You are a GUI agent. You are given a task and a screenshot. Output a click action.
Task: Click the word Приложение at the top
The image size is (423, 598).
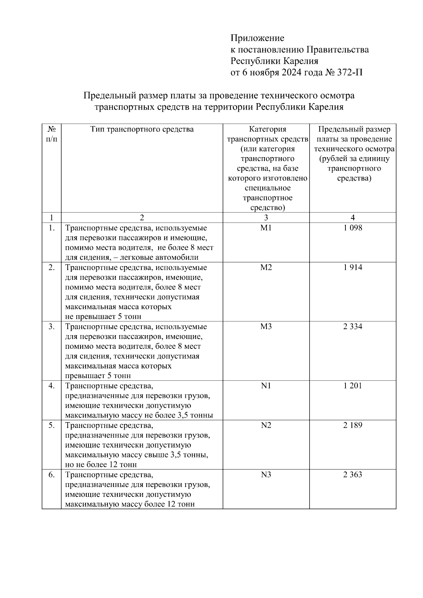[257, 38]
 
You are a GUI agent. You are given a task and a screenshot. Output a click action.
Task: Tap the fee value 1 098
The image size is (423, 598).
[353, 228]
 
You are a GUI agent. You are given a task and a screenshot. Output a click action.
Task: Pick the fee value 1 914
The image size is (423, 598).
[353, 267]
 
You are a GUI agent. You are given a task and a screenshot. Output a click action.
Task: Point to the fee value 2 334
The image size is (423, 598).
[353, 327]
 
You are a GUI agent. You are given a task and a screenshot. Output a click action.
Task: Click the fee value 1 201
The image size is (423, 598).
[353, 386]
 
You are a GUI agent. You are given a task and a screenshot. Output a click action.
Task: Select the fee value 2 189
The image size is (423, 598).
[353, 425]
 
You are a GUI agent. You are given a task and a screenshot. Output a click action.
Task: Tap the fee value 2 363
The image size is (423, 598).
[353, 475]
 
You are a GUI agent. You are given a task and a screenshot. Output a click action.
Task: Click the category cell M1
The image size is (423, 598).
[266, 228]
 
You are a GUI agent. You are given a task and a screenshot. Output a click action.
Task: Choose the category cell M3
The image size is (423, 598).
[266, 327]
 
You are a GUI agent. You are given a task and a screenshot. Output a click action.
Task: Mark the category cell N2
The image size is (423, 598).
[266, 425]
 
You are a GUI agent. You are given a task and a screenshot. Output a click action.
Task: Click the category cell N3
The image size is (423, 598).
[266, 475]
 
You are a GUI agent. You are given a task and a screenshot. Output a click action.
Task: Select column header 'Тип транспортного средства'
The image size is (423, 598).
[142, 129]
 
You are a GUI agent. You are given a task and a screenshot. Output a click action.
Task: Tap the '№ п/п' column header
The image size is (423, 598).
[51, 134]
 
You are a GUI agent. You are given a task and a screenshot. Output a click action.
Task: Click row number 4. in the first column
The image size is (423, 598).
[51, 386]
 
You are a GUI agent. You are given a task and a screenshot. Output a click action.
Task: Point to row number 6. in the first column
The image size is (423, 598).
[51, 475]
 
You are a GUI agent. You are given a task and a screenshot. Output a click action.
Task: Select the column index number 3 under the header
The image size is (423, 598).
[266, 217]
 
